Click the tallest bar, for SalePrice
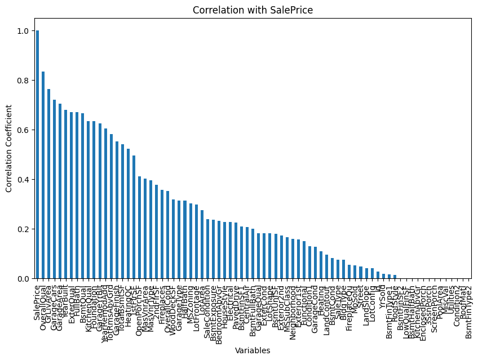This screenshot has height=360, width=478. coord(38,155)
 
